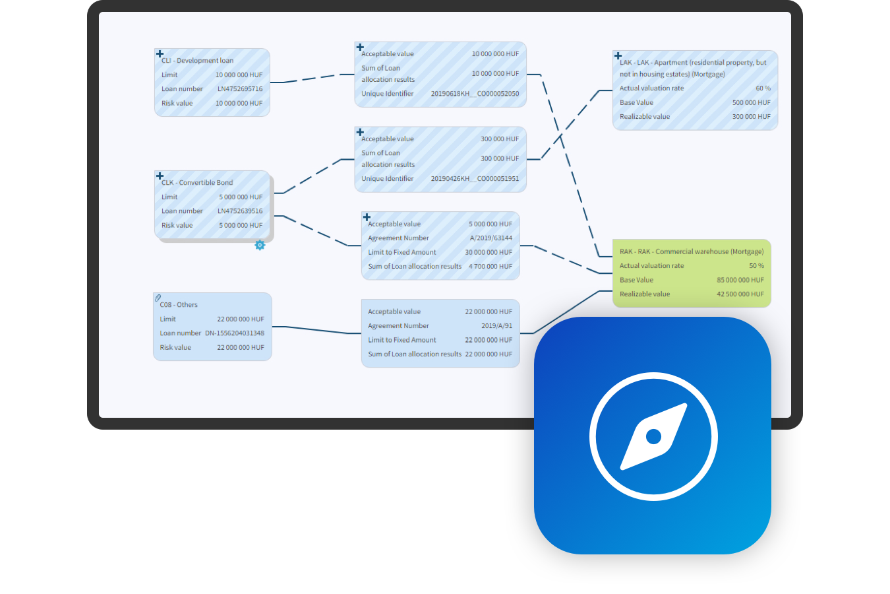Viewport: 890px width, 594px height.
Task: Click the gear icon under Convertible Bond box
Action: [x=260, y=245]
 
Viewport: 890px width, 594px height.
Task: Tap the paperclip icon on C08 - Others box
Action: [x=158, y=298]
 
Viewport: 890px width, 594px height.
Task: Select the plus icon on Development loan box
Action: [x=160, y=53]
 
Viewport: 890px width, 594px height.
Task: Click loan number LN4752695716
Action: [x=240, y=89]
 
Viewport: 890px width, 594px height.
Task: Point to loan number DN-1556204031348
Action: [x=234, y=333]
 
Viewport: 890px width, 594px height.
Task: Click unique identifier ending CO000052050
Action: [x=475, y=94]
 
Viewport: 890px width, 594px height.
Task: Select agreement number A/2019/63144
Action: [x=490, y=238]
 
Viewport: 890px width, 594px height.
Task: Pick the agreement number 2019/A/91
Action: [x=496, y=326]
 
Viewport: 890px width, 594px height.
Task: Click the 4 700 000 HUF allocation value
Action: [x=490, y=267]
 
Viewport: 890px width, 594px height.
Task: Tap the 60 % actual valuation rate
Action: [x=763, y=88]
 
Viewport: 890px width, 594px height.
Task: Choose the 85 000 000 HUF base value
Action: [x=740, y=280]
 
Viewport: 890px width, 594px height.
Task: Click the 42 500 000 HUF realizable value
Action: [x=740, y=294]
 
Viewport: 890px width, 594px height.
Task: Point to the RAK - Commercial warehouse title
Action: [x=691, y=251]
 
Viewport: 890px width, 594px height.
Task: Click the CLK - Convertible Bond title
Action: [x=197, y=183]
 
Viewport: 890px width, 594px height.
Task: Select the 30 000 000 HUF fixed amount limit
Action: [x=488, y=252]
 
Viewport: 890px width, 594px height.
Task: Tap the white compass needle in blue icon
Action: [x=653, y=436]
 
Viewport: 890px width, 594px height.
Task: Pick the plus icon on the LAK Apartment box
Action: [x=618, y=55]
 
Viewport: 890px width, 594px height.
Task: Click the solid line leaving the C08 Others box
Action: [x=316, y=329]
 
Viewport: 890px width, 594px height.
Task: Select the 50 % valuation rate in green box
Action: [x=756, y=266]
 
